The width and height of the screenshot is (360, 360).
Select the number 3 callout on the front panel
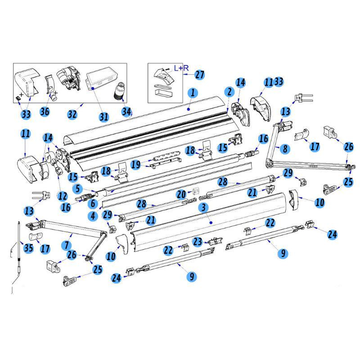pyautogui.click(x=203, y=208)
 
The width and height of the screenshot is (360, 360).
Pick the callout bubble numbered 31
pyautogui.click(x=104, y=117)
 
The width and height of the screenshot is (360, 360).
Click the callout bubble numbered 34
pyautogui.click(x=127, y=111)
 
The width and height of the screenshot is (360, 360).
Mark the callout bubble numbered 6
pyautogui.click(x=93, y=203)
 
